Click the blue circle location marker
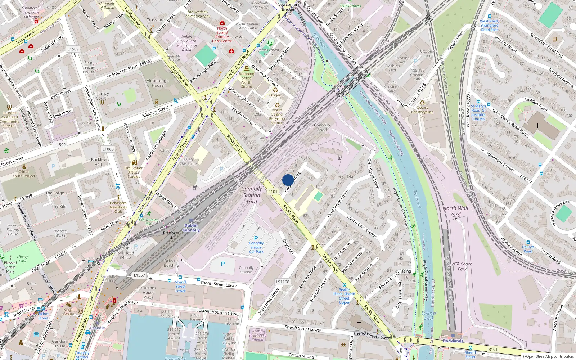288,180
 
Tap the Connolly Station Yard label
252,195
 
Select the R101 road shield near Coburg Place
273,192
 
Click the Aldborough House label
157,83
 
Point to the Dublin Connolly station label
191,228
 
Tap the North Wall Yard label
455,211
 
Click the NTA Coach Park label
462,266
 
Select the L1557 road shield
139,275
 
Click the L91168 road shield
283,282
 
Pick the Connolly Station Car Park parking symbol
256,238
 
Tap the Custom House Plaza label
148,292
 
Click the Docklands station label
453,341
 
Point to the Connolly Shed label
322,127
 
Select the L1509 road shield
73,49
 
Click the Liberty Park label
22,259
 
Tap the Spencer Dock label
429,316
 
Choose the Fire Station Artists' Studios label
134,172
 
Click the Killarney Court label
101,96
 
